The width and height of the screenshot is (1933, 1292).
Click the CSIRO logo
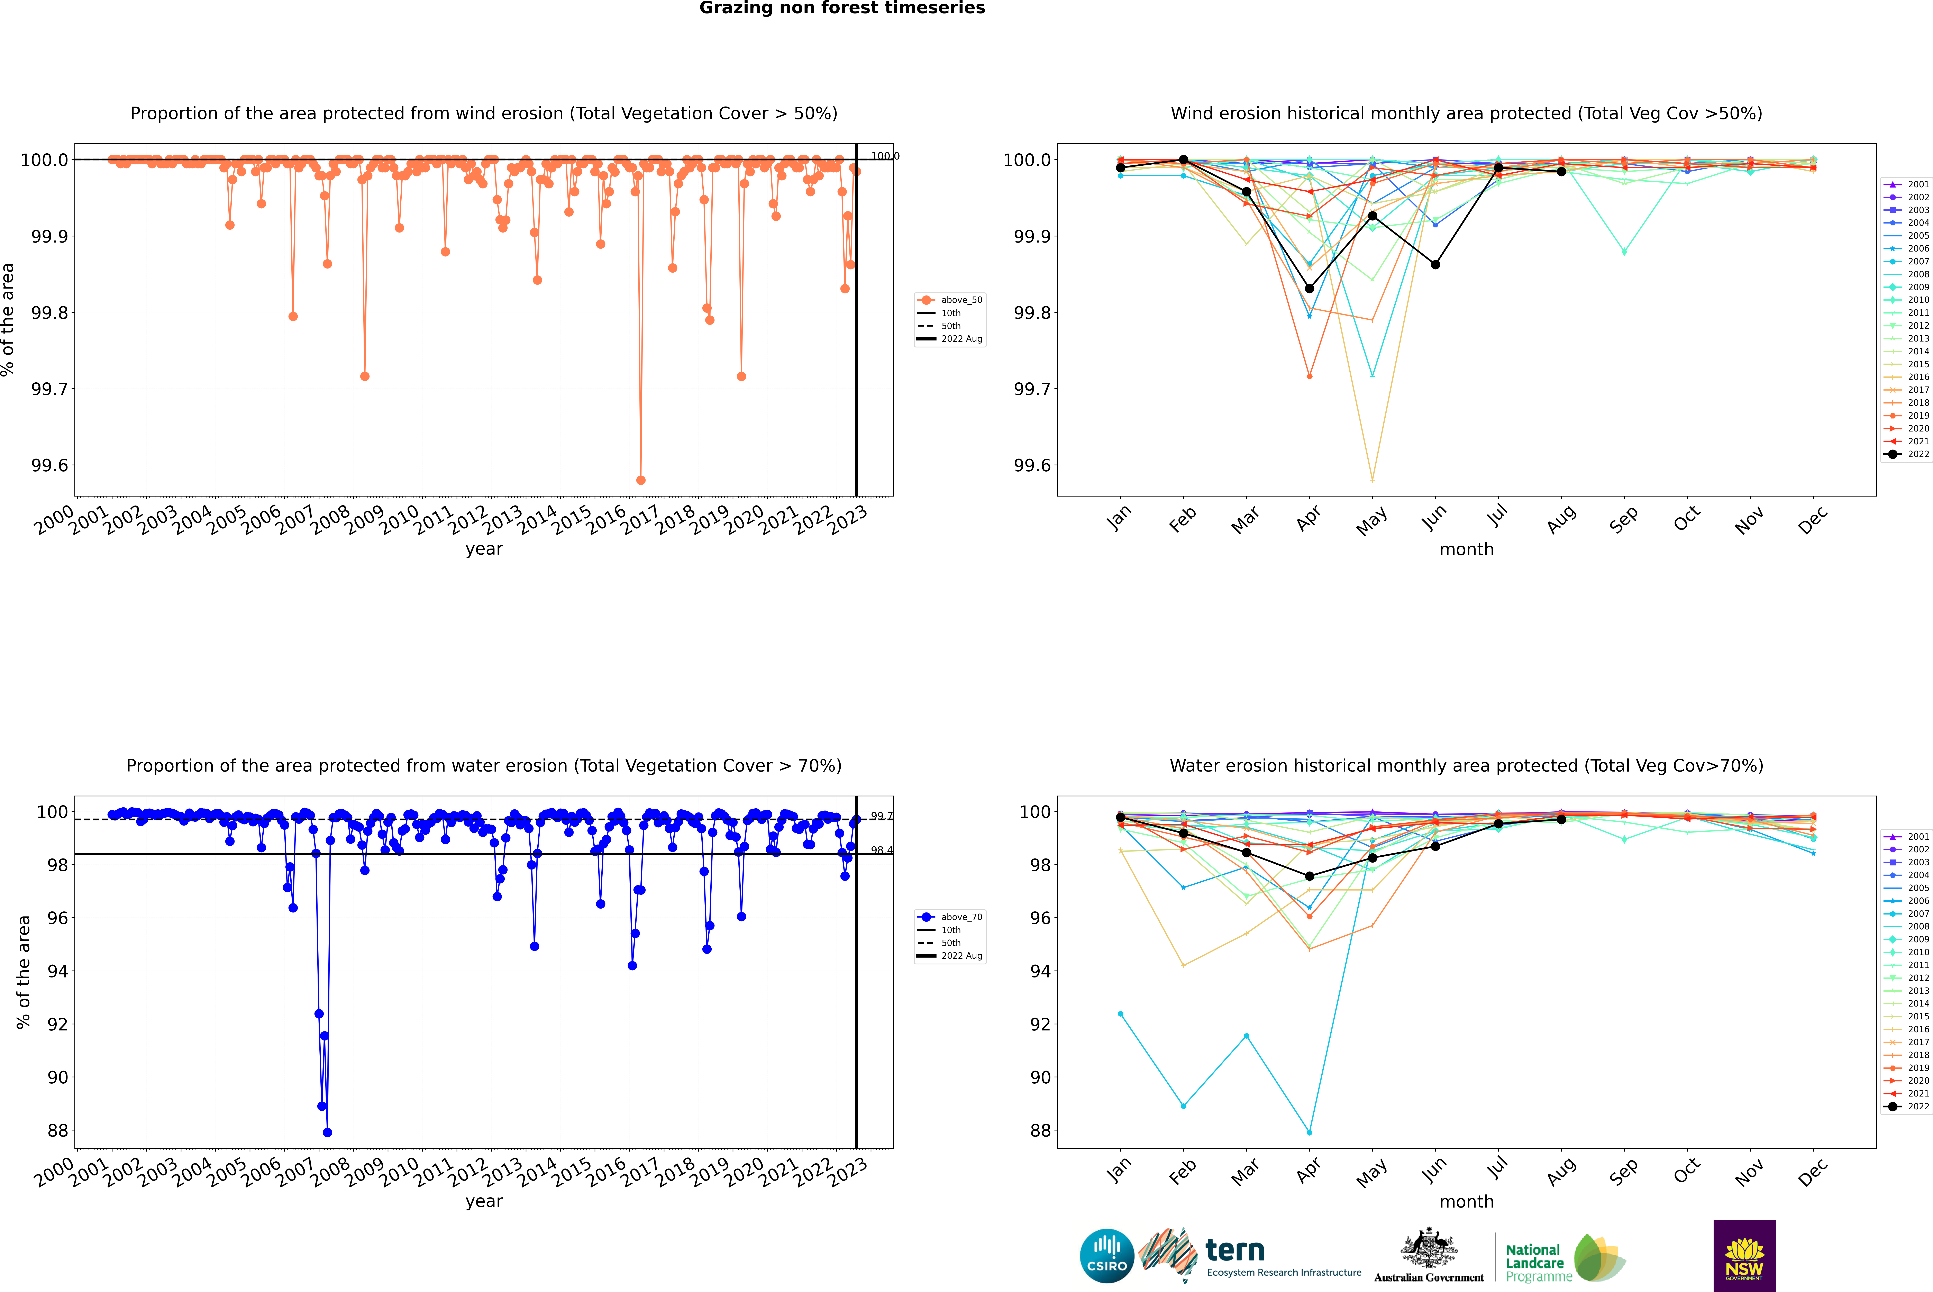pyautogui.click(x=1107, y=1256)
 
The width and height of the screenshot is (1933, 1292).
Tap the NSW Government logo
pyautogui.click(x=1744, y=1256)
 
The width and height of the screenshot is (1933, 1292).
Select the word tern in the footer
pyautogui.click(x=1234, y=1251)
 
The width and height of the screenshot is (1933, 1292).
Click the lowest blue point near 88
pyautogui.click(x=327, y=1132)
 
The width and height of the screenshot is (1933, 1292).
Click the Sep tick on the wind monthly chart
pyautogui.click(x=1624, y=519)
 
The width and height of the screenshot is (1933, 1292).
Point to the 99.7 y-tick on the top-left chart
pyautogui.click(x=49, y=389)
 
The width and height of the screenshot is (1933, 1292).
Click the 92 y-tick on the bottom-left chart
pyautogui.click(x=57, y=1024)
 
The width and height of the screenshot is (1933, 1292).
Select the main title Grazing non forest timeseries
pyautogui.click(x=842, y=8)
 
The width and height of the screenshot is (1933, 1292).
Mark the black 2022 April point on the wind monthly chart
pyautogui.click(x=1309, y=288)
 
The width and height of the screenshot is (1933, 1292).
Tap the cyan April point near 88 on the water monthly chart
pyautogui.click(x=1309, y=1132)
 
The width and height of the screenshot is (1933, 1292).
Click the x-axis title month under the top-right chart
pyautogui.click(x=1466, y=550)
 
